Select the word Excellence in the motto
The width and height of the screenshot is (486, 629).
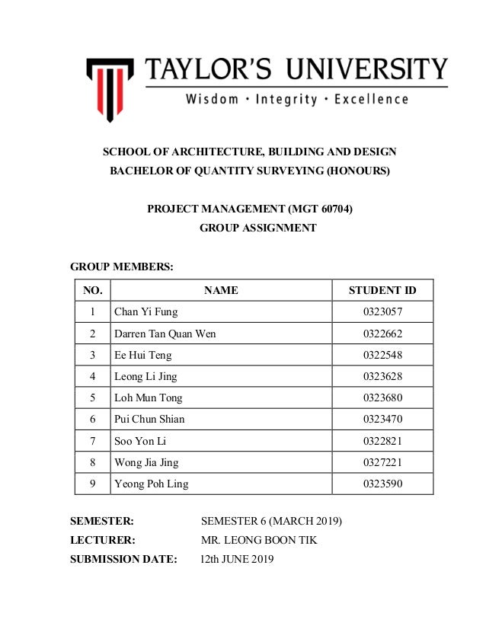pos(371,99)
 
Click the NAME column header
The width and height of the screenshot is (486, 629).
pos(221,290)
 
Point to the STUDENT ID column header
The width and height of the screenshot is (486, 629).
pos(382,290)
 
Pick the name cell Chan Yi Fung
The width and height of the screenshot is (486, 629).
pos(145,311)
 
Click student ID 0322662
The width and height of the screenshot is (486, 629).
pos(382,334)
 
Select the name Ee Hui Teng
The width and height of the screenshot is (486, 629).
pos(142,355)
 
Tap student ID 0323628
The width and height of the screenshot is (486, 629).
pos(382,376)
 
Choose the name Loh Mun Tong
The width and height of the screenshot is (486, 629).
pos(148,398)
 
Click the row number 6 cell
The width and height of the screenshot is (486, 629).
pos(92,419)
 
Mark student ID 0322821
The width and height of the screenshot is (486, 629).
pos(382,440)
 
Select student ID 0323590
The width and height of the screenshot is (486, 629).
pos(382,484)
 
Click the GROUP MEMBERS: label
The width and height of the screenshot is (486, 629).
pos(122,267)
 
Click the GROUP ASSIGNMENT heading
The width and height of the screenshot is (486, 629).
pos(257,228)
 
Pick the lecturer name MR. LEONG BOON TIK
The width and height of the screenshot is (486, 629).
pos(259,541)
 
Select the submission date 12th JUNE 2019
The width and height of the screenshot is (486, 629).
pos(237,560)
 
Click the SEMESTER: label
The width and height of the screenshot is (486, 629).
pos(102,521)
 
